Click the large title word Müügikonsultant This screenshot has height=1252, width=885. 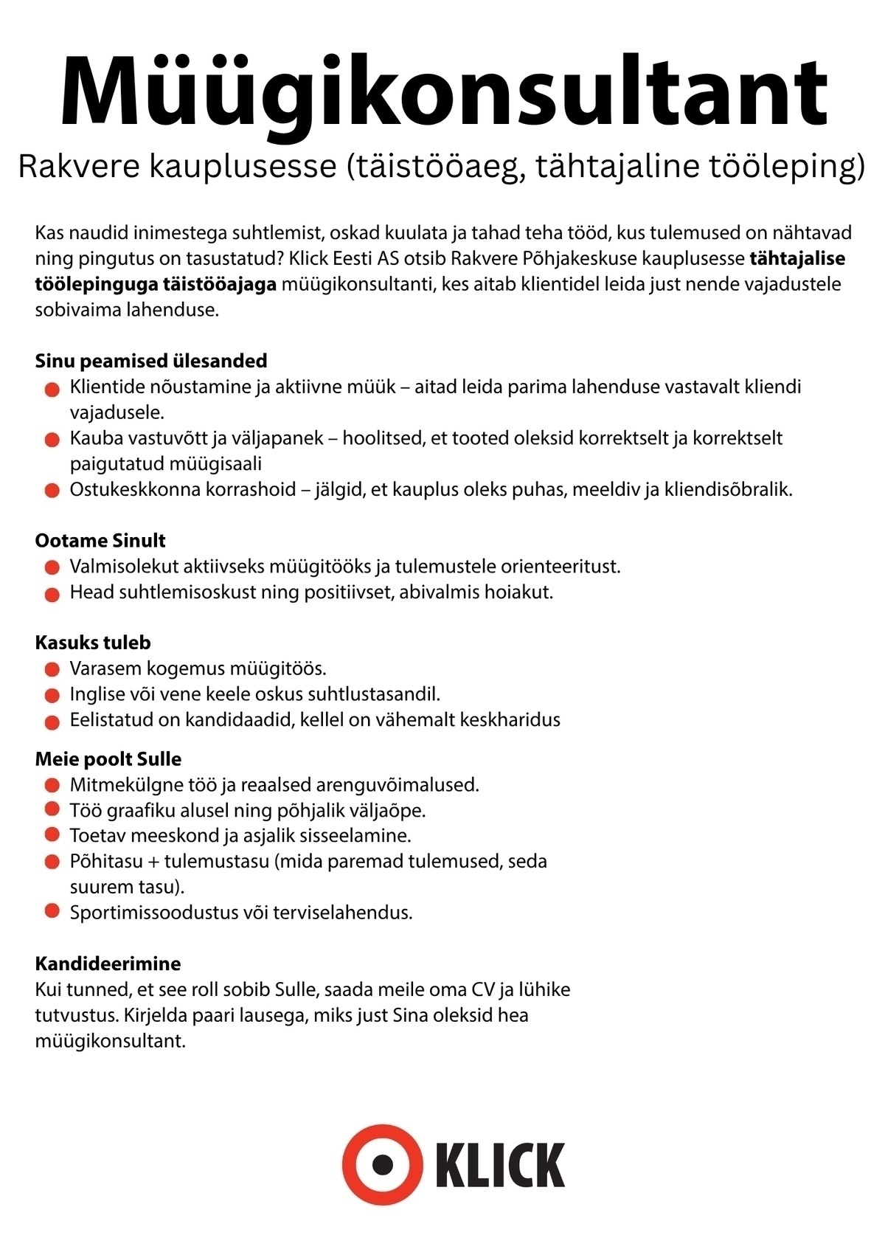(442, 92)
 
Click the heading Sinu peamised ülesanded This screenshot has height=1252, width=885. (150, 361)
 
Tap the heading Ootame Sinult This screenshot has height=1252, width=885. (100, 540)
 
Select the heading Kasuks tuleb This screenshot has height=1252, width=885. (93, 643)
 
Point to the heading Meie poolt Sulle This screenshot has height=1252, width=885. (108, 759)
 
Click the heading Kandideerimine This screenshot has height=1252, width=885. (108, 964)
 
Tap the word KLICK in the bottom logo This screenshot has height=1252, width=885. (501, 1166)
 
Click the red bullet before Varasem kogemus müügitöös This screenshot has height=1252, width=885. (52, 670)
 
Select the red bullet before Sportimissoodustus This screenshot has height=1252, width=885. (52, 911)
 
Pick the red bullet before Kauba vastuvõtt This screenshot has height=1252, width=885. (52, 440)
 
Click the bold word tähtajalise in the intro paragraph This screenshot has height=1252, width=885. (797, 259)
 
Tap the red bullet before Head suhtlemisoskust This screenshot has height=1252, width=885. (52, 593)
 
